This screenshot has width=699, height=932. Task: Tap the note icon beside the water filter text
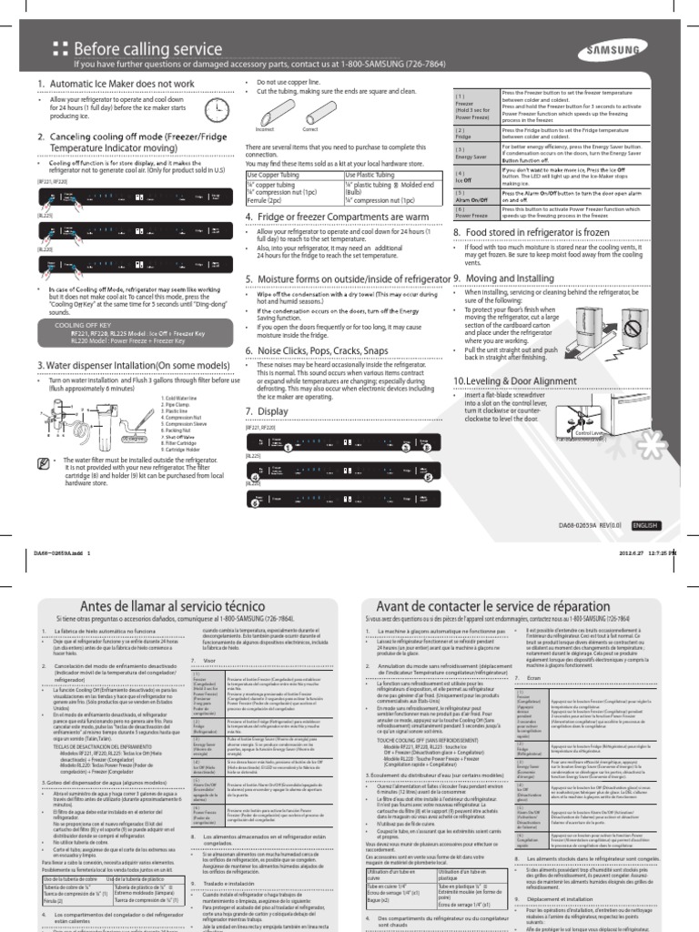coord(45,464)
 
